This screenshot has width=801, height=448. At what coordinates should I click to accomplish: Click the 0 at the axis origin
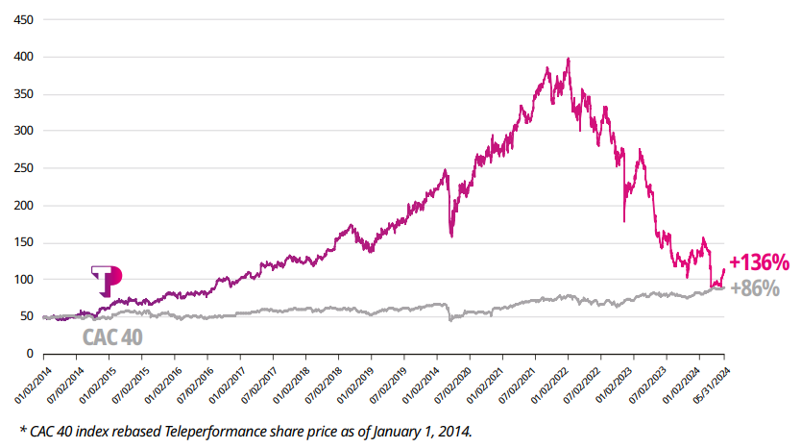[30, 354]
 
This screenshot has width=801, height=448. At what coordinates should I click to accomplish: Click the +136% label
[759, 261]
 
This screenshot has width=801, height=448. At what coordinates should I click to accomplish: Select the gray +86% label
[754, 287]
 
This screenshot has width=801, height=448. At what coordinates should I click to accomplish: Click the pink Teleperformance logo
[107, 281]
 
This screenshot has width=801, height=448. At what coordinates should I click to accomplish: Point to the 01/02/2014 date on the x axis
[31, 386]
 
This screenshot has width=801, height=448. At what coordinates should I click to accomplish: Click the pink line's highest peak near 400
[569, 59]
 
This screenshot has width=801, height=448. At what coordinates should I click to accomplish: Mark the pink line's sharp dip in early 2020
[449, 236]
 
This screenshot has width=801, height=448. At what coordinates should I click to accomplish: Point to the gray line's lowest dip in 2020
[449, 319]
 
